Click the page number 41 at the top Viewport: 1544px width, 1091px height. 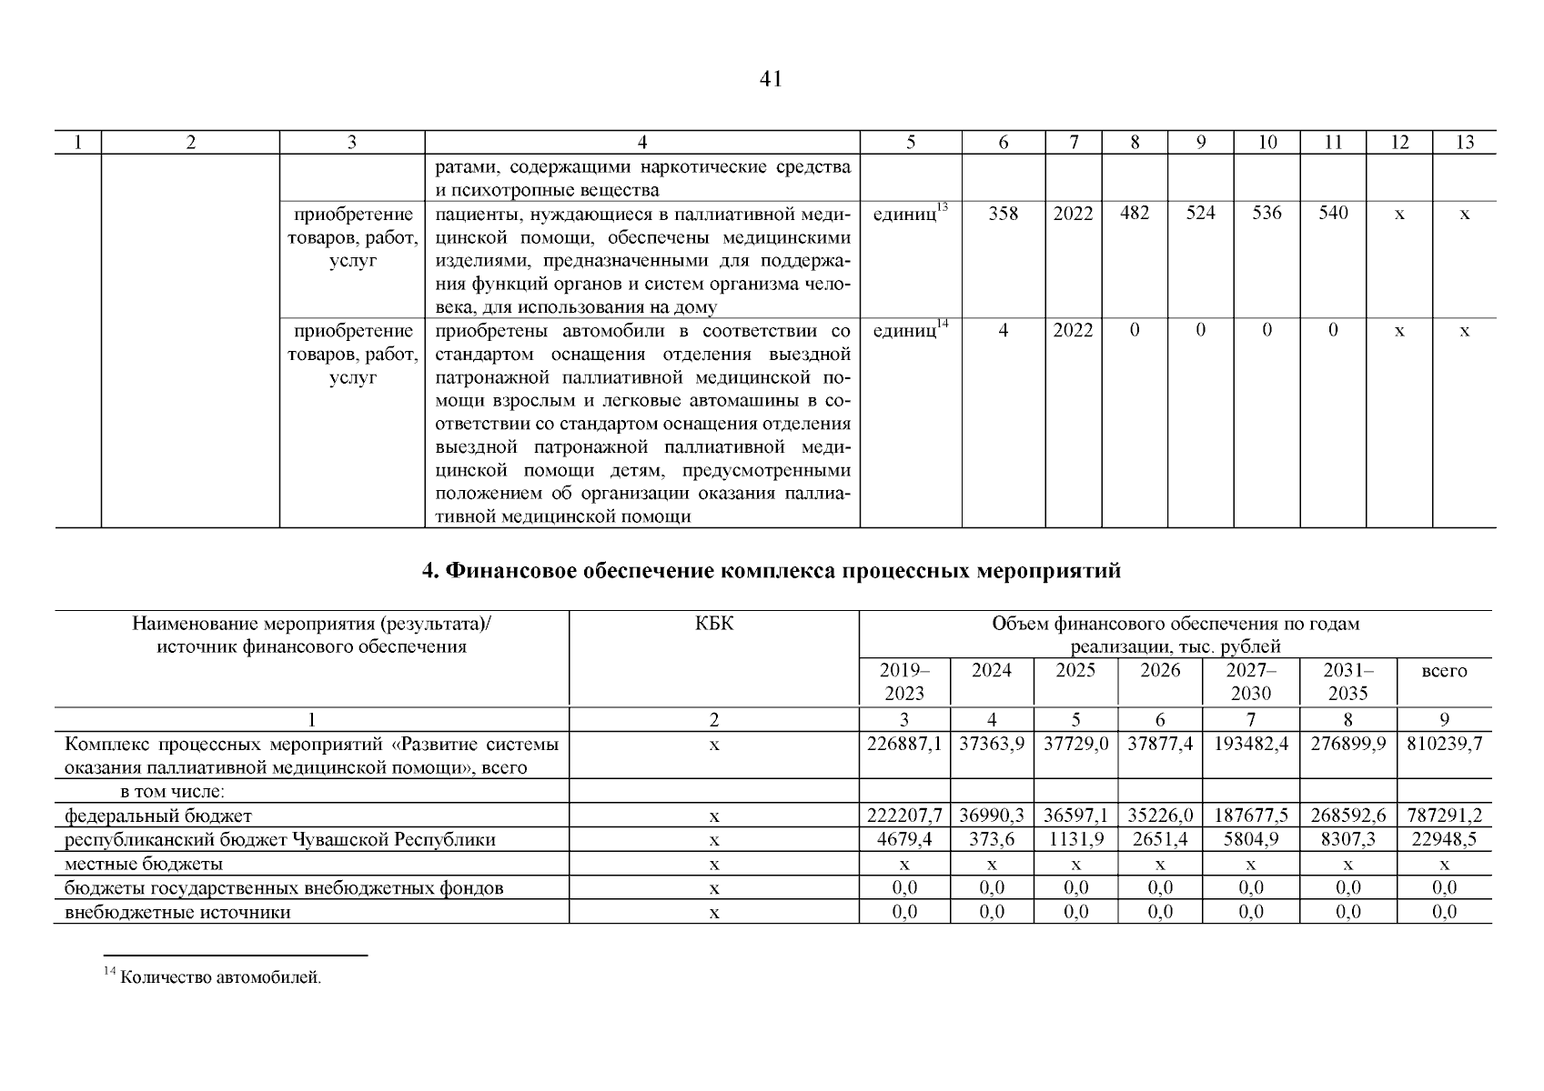771,80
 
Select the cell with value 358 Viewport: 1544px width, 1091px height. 1004,214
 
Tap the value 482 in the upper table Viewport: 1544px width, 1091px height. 1135,214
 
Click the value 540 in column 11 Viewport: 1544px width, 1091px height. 1333,214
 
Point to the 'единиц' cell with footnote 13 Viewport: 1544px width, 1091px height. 910,215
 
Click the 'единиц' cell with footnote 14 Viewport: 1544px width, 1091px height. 910,331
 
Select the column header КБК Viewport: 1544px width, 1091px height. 713,624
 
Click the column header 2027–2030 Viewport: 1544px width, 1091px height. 1251,682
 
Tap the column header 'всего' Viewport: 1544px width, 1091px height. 1444,671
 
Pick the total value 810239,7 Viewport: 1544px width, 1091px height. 1444,744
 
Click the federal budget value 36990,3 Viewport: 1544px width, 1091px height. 992,816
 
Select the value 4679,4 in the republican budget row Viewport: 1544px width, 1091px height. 904,840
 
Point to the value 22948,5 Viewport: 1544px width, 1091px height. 1444,840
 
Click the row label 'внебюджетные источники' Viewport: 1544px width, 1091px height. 177,912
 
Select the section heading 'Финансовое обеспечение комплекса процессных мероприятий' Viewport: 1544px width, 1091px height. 772,571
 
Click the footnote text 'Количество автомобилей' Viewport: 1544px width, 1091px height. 220,979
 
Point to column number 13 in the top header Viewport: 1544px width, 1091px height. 1464,142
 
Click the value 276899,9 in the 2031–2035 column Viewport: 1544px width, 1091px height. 1347,744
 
